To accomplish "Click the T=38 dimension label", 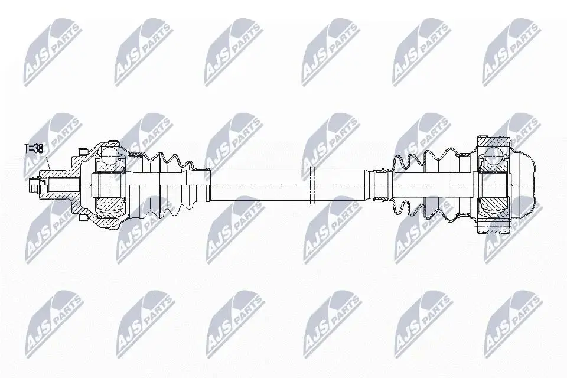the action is pos(34,149).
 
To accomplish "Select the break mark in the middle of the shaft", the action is pos(313,185).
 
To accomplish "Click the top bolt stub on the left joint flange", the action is pos(83,151).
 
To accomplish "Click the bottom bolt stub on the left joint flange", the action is pos(83,219).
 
